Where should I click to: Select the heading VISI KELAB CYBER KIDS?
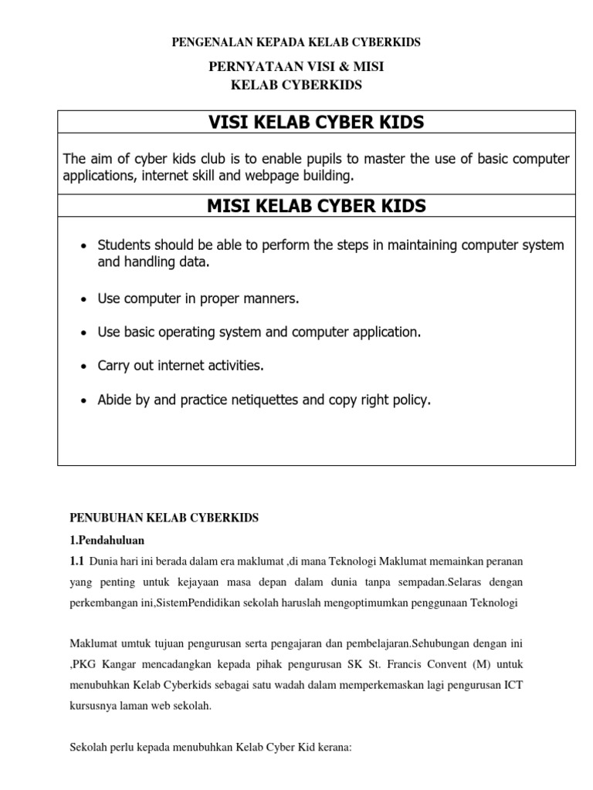click(x=316, y=123)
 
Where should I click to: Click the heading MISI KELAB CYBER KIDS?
click(x=316, y=206)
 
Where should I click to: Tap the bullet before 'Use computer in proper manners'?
click(x=83, y=299)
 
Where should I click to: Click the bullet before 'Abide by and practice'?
click(x=83, y=400)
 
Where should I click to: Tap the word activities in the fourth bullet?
click(x=232, y=366)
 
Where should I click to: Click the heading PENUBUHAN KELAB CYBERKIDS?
click(x=164, y=518)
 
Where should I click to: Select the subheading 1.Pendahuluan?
click(x=107, y=539)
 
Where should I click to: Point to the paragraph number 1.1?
click(x=77, y=560)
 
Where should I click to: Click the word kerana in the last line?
click(x=333, y=748)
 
